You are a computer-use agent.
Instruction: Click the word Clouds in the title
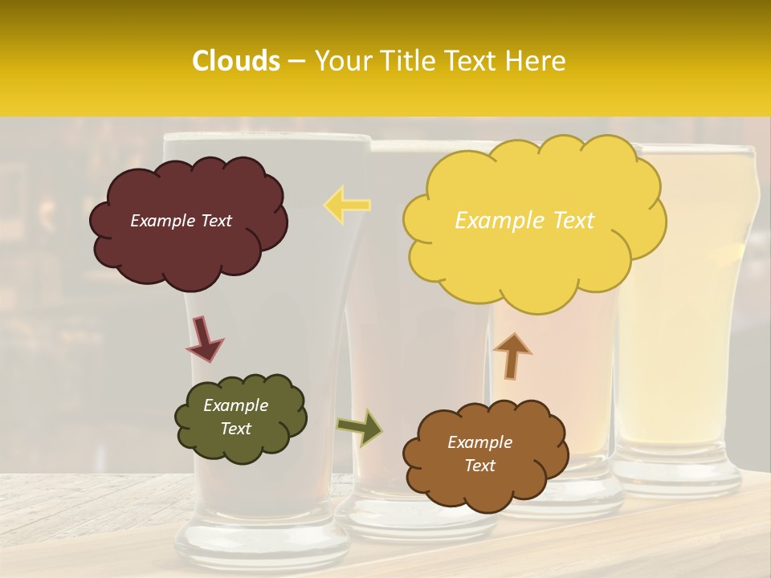point(235,61)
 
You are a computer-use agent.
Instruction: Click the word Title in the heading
point(406,61)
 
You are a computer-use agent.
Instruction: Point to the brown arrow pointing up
point(512,356)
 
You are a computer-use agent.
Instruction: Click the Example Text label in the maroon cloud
point(181,221)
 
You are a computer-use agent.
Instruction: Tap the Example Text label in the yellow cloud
point(524,221)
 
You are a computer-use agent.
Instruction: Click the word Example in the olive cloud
point(235,405)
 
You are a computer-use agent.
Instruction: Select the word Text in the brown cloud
point(479,466)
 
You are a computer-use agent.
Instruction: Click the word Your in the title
point(344,61)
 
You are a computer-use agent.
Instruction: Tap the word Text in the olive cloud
point(235,429)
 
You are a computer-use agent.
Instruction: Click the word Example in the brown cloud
point(479,442)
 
